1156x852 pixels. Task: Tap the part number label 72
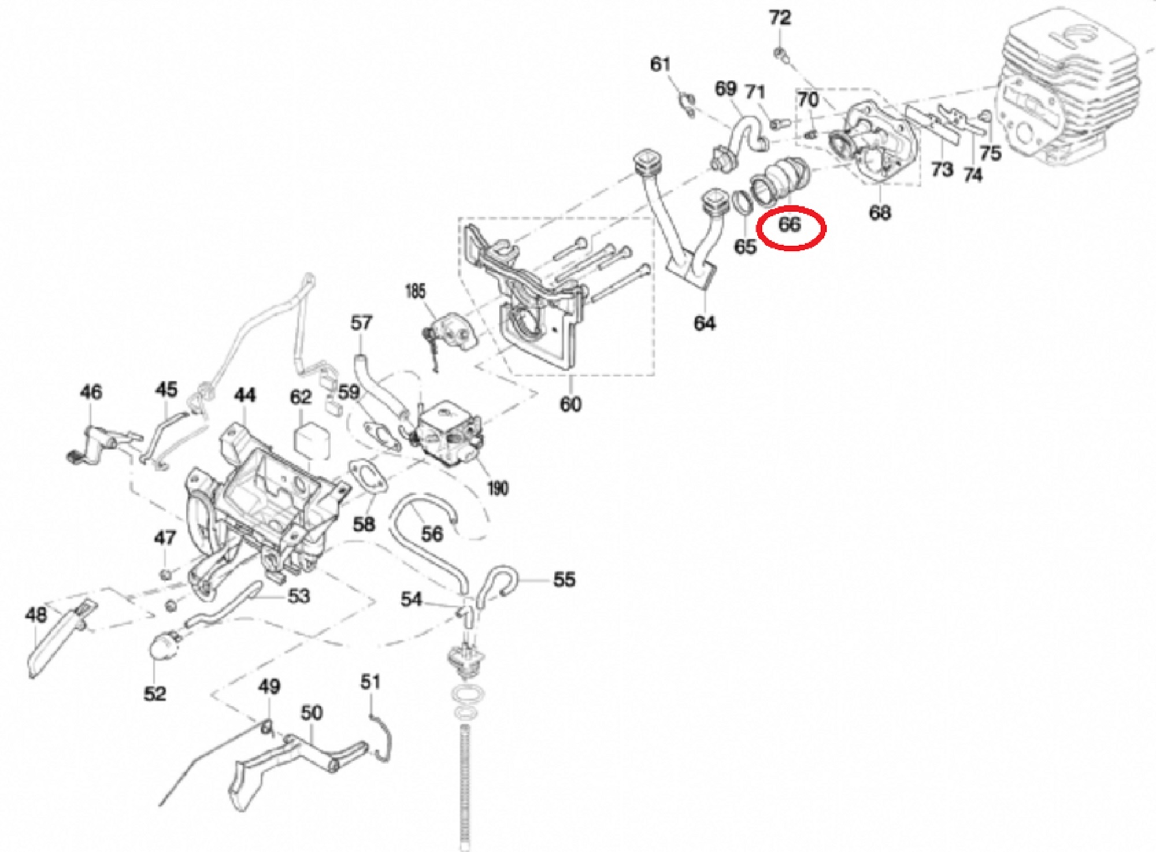pos(779,18)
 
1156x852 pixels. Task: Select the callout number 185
pos(416,291)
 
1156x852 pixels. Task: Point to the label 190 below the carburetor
pos(498,488)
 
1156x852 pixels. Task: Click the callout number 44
pos(244,395)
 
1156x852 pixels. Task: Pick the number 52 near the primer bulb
pos(155,693)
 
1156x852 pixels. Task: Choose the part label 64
pos(705,323)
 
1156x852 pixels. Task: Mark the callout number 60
pos(570,404)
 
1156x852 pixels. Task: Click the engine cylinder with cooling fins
pos(1069,92)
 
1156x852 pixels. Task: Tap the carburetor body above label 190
pos(448,434)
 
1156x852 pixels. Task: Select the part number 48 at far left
pos(36,614)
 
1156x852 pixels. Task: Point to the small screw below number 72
pos(780,54)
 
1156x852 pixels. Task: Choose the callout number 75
pos(990,153)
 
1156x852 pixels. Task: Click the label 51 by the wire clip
pos(370,682)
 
